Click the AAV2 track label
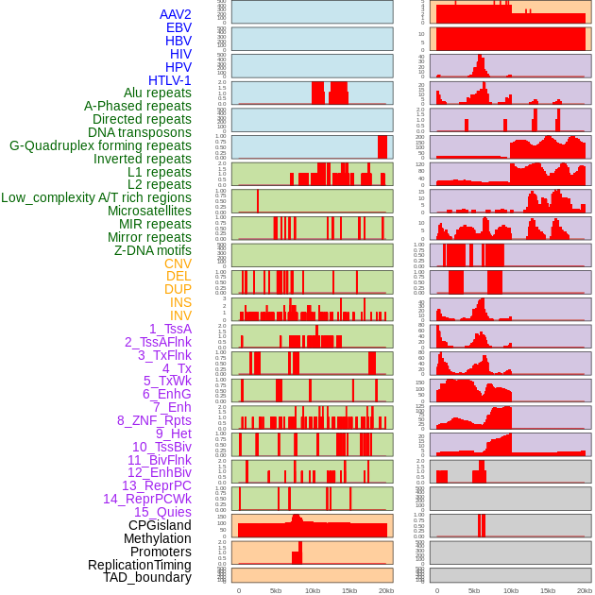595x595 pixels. [176, 15]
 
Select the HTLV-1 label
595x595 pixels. [170, 80]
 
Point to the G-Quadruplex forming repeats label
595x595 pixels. [100, 145]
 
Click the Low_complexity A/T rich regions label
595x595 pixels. [96, 197]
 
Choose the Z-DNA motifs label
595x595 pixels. [153, 250]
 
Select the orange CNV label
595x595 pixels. [178, 263]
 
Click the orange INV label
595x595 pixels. [180, 315]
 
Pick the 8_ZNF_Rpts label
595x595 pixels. [154, 420]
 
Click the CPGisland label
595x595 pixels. [160, 525]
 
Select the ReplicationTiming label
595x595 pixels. [140, 565]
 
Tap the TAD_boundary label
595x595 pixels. [147, 577]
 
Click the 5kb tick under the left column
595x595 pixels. [276, 590]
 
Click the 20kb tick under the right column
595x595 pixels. [585, 590]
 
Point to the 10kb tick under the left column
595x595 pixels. [313, 590]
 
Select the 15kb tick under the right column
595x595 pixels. [548, 590]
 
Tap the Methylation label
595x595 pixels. [158, 538]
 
